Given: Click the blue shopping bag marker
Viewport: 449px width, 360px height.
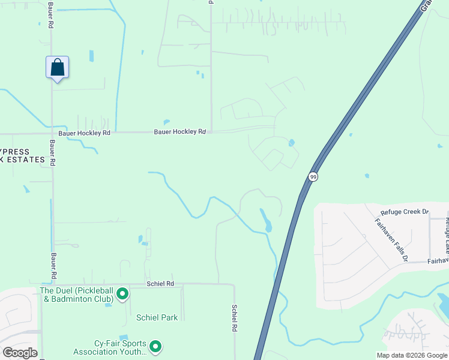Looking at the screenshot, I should click(x=58, y=67).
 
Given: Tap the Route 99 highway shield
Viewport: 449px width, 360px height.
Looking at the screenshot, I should click(x=313, y=177).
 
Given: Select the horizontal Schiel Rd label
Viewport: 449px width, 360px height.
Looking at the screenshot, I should click(x=160, y=283).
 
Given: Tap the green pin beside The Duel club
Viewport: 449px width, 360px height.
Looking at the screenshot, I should click(x=122, y=294).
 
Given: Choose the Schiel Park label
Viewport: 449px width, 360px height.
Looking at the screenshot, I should click(x=157, y=317).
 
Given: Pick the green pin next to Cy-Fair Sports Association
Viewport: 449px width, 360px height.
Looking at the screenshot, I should click(x=155, y=346).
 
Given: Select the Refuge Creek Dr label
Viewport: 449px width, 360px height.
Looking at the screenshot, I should click(x=405, y=212).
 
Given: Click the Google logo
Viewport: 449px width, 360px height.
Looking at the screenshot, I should click(x=20, y=353).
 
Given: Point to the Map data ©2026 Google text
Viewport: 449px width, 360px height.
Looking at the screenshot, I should click(x=411, y=355).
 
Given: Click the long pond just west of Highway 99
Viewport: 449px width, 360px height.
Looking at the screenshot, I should click(x=265, y=220).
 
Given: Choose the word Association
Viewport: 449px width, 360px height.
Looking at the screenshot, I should click(x=97, y=352).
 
